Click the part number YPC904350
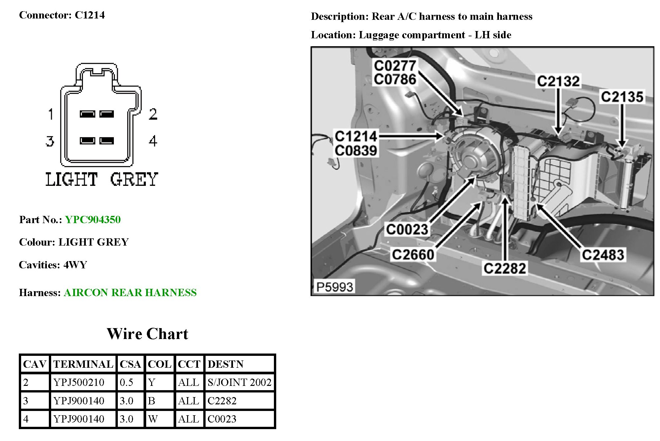[x=93, y=220]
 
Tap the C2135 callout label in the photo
[x=622, y=97]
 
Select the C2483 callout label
[x=603, y=255]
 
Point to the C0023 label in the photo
[x=407, y=229]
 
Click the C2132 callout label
[x=558, y=81]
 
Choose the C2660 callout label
[x=413, y=254]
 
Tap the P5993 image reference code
[x=335, y=287]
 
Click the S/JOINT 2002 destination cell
[x=239, y=382]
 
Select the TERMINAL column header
[x=83, y=364]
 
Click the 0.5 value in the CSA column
[x=126, y=382]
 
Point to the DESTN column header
[x=225, y=364]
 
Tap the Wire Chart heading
[x=147, y=334]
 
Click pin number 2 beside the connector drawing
[x=153, y=114]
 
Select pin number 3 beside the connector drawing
[x=50, y=141]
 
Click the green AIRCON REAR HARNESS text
[x=130, y=292]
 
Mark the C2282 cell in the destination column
[x=222, y=401]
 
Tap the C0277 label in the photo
[x=395, y=66]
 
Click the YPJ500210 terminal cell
[x=79, y=382]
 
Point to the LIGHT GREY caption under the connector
[x=102, y=180]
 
